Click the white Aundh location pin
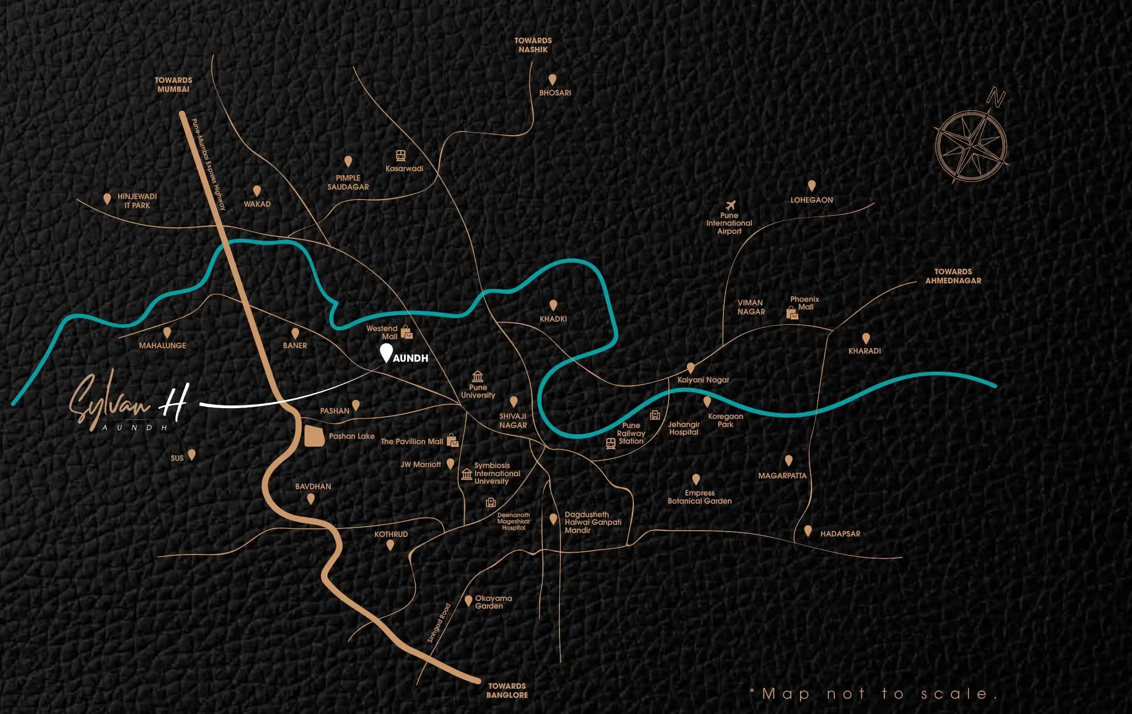(386, 352)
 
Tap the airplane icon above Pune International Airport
(730, 205)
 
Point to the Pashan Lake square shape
(314, 436)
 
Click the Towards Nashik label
(533, 45)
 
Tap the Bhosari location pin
(552, 79)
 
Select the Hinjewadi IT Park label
(137, 201)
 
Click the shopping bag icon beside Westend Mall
(407, 332)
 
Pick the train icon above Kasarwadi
(400, 155)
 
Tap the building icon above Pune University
(477, 376)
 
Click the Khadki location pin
(553, 305)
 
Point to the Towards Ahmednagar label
(953, 276)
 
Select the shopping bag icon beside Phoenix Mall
(792, 313)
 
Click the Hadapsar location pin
(808, 531)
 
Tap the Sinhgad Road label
(439, 623)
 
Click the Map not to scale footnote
(873, 694)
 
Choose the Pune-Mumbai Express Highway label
(209, 164)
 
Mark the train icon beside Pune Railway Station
(611, 443)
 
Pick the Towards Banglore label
(507, 690)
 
